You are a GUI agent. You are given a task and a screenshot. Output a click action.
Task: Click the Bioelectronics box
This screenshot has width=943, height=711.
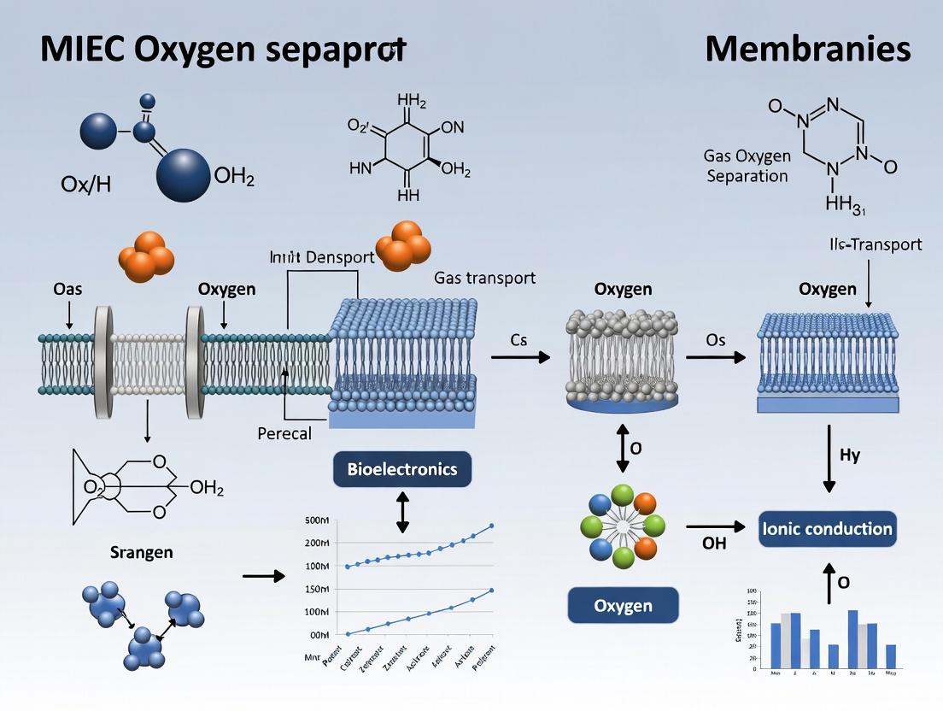(x=401, y=469)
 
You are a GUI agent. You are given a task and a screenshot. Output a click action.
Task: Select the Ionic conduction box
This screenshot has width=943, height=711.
(x=826, y=529)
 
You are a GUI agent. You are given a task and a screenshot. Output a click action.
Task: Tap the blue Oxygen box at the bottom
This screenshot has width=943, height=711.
(x=623, y=605)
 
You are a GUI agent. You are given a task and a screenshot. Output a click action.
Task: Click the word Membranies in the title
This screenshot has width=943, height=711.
(x=807, y=50)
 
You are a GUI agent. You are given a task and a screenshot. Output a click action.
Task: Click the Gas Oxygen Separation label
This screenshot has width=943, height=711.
(x=746, y=166)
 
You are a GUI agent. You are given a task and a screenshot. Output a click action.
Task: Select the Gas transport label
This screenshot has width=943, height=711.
(x=484, y=277)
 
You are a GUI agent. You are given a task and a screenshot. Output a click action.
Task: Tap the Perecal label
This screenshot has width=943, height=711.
(x=284, y=433)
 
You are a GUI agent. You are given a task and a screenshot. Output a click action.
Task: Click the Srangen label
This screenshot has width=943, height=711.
(x=142, y=552)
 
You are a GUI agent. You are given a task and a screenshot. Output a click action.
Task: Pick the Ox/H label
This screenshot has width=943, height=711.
(x=87, y=184)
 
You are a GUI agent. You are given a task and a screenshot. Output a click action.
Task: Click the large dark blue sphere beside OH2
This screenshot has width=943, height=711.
(x=183, y=174)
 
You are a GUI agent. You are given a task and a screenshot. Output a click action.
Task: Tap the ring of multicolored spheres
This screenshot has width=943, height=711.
(x=623, y=522)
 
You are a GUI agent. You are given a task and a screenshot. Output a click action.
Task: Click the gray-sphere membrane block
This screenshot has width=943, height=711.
(x=623, y=359)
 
